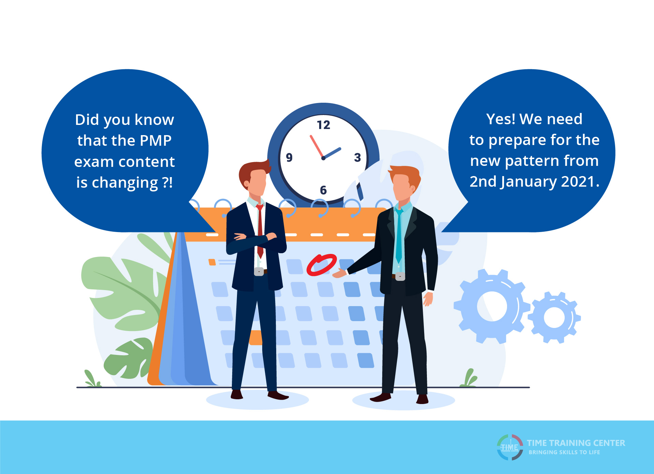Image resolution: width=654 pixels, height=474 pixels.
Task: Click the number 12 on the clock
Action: coord(323,125)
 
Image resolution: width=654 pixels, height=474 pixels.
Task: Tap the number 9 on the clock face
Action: coord(289,157)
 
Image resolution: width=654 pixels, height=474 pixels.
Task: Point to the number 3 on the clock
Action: coord(357,157)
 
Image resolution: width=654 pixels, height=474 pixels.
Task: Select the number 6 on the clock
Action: coord(323,190)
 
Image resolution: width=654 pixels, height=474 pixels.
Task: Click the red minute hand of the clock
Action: coord(317,146)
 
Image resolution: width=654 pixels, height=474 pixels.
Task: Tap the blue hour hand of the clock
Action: coord(332,153)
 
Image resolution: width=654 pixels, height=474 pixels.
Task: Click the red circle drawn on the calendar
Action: coord(322,265)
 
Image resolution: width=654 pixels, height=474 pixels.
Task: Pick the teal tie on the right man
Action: coord(399,235)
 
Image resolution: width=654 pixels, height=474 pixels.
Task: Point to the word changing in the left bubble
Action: coord(125,183)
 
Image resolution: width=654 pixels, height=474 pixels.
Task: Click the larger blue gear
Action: coord(491,306)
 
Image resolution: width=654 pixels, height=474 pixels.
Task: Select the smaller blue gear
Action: coord(554,317)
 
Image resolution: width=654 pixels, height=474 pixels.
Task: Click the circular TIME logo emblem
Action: coord(510,447)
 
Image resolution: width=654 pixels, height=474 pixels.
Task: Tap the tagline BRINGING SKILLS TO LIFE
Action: coord(564,452)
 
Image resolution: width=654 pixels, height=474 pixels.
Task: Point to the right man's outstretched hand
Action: coord(340,273)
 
